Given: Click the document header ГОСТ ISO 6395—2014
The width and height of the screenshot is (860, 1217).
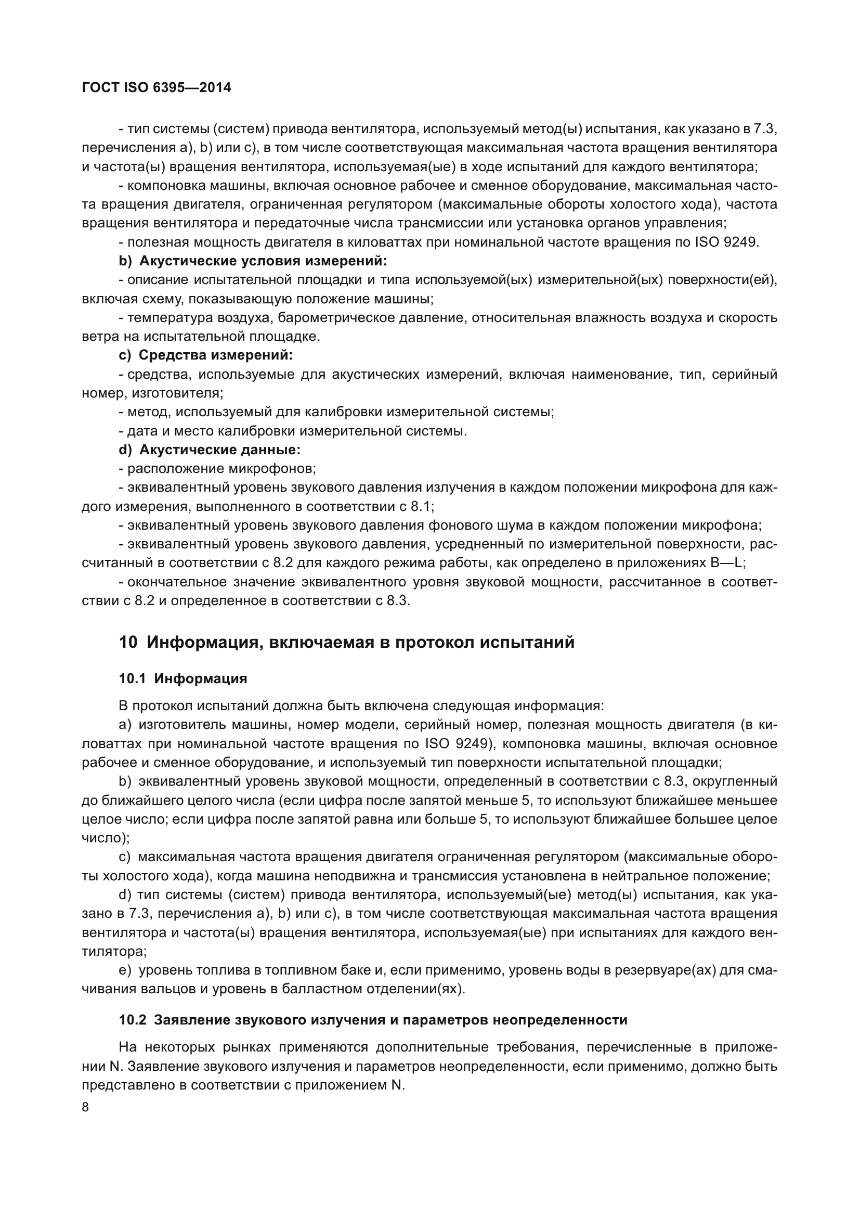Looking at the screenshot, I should coord(157,87).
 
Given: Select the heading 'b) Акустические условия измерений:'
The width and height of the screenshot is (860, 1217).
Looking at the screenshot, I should coord(253,261).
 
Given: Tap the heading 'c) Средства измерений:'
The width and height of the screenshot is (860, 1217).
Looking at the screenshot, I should coord(205,355).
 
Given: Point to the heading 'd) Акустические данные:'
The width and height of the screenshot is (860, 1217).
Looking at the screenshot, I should coord(209,450).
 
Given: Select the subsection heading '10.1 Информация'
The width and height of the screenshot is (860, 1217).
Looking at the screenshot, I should coord(183,678).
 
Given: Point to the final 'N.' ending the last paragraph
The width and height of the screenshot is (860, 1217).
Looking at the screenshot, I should coord(398,1085).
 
